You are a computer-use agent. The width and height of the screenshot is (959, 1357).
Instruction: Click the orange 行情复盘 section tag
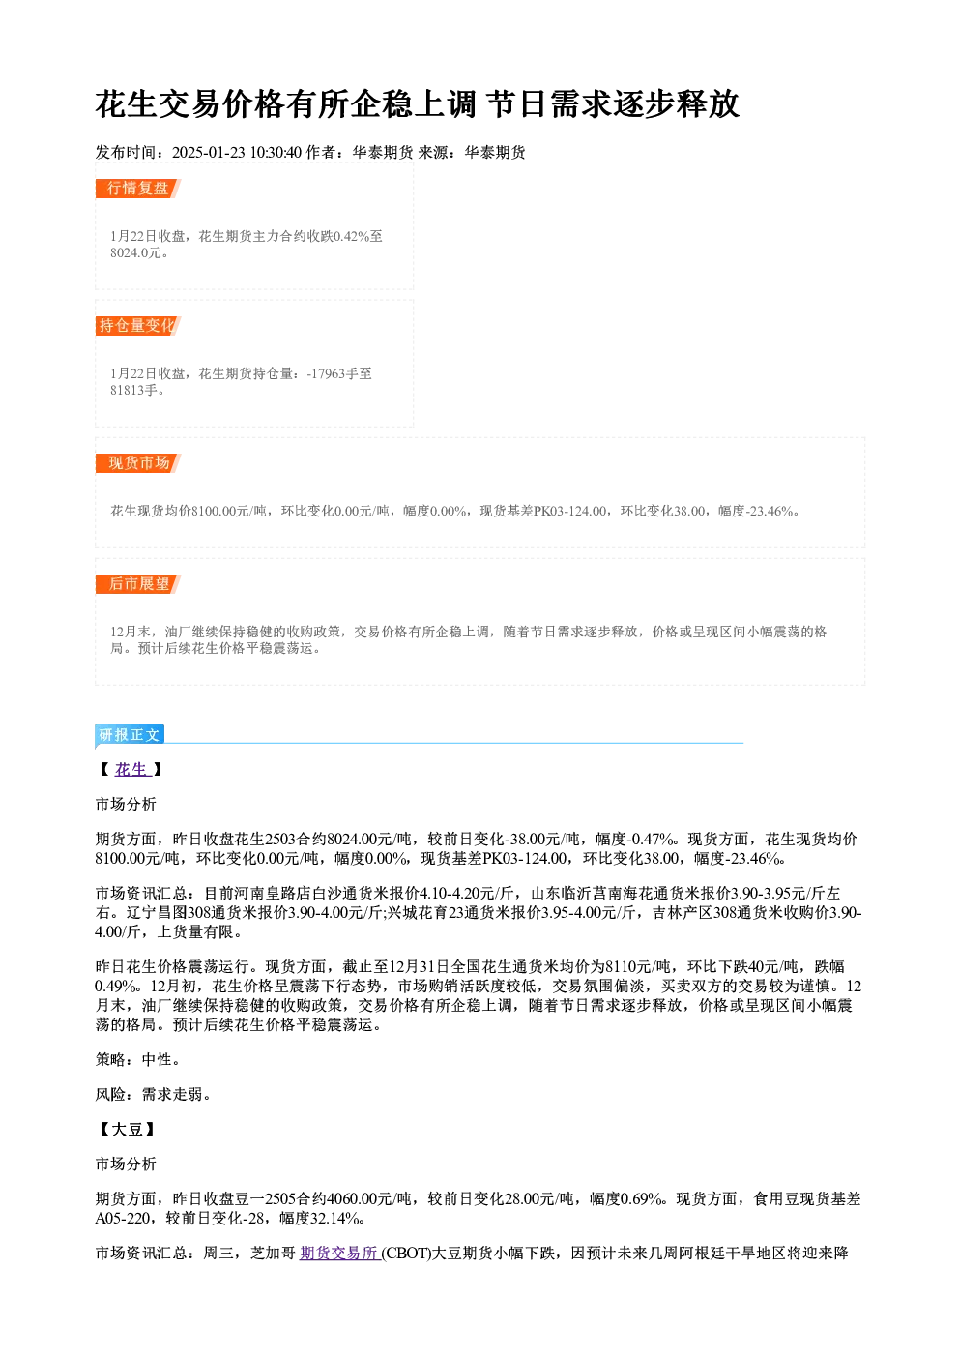(137, 189)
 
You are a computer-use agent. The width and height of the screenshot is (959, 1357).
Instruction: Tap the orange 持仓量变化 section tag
(137, 326)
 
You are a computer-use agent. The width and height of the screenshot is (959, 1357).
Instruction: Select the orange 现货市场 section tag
(137, 463)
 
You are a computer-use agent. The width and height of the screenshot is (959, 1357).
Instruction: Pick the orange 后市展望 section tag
(137, 584)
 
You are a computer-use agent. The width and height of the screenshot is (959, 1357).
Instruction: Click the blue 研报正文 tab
(130, 735)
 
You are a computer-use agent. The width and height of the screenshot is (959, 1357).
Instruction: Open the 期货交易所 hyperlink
(339, 1253)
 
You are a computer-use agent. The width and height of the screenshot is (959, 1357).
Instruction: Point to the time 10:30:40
(276, 152)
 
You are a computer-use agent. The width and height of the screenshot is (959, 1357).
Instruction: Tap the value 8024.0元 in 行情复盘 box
(135, 253)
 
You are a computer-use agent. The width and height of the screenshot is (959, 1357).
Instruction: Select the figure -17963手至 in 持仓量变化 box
(339, 373)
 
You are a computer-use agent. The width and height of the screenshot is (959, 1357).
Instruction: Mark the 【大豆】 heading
(127, 1129)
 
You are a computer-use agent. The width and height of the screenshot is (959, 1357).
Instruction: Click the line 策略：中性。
(137, 1059)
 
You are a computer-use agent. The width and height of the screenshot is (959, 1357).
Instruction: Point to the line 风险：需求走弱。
(153, 1095)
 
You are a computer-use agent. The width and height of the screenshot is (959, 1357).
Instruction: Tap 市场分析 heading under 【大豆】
(126, 1164)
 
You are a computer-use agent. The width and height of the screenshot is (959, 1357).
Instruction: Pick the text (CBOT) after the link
(406, 1253)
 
